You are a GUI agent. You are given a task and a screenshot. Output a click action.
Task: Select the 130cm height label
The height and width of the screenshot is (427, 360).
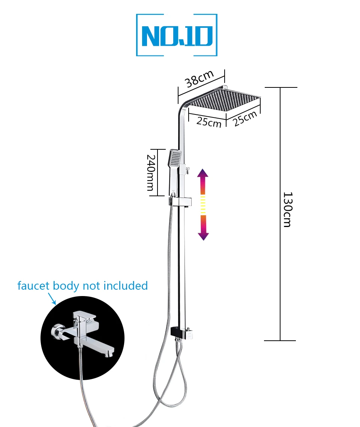point(287,210)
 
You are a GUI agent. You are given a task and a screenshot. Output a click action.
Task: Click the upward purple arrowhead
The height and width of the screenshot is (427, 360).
point(203,174)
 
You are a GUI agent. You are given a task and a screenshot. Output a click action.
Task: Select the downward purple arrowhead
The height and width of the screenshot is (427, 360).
point(203,235)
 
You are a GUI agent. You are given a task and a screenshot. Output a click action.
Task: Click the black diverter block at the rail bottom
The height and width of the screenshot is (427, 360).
point(176,331)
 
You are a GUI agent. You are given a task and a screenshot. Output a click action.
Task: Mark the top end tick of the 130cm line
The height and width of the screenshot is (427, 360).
point(280,87)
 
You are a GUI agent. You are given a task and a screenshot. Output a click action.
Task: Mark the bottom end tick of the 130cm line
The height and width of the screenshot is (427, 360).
point(280,341)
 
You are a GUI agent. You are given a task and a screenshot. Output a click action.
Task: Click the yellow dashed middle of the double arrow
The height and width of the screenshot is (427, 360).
point(203,204)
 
